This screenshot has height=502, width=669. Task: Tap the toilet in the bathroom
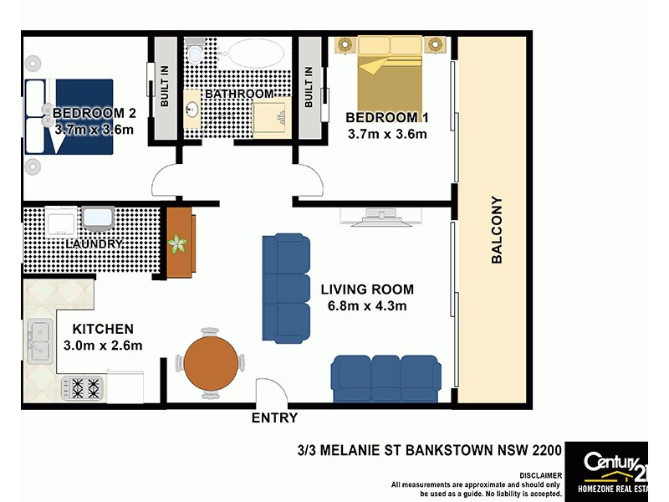[x=194, y=54]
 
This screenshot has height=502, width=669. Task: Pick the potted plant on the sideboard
[x=177, y=244]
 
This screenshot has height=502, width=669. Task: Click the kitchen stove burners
[x=82, y=387]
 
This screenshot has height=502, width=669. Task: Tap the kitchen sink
[x=40, y=342]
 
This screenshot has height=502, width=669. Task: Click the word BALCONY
[x=496, y=230]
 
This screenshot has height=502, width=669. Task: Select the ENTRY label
[x=274, y=417]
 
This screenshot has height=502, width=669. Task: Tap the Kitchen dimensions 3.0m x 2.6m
[x=103, y=345]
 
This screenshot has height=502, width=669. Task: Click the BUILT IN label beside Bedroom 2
[x=165, y=86]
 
